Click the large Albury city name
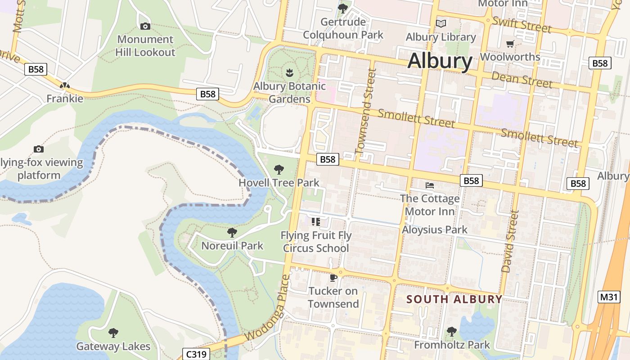(x=440, y=61)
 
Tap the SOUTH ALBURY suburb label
(x=454, y=299)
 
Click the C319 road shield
(x=196, y=354)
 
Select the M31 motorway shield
(x=610, y=297)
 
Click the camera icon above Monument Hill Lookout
(x=145, y=27)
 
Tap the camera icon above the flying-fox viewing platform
(x=39, y=149)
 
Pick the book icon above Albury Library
(x=441, y=23)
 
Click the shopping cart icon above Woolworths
(x=510, y=44)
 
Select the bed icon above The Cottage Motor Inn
(x=430, y=185)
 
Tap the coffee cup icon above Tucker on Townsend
(x=333, y=278)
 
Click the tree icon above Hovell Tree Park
(x=279, y=170)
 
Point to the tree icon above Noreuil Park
(x=232, y=233)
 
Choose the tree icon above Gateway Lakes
(x=113, y=333)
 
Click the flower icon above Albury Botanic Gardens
(x=289, y=72)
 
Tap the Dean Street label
(x=522, y=80)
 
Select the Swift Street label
(x=522, y=24)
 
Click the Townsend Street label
(x=365, y=111)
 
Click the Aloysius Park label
(x=435, y=229)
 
